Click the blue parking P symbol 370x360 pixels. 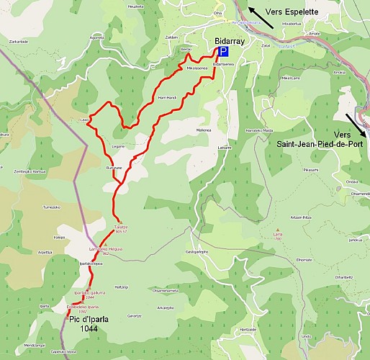(223, 52)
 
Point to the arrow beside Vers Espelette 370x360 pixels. (260, 17)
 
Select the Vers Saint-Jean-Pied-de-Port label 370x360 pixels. (321, 140)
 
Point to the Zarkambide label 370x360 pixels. (19, 42)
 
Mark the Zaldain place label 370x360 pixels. (171, 37)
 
